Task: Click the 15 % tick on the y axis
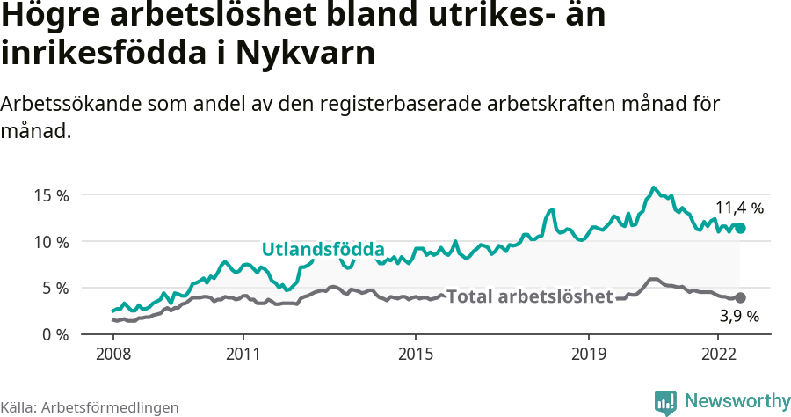(50, 195)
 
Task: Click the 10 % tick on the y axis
(50, 242)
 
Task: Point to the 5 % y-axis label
(54, 288)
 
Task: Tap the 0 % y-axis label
(54, 334)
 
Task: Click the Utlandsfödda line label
(323, 248)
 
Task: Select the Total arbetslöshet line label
(529, 296)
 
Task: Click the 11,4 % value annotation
(739, 208)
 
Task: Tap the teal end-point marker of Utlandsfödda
(740, 228)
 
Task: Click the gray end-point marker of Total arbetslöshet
(740, 298)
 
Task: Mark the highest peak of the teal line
(653, 187)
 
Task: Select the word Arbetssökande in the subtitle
(62, 104)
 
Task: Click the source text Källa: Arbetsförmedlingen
(90, 407)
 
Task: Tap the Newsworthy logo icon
(665, 402)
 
